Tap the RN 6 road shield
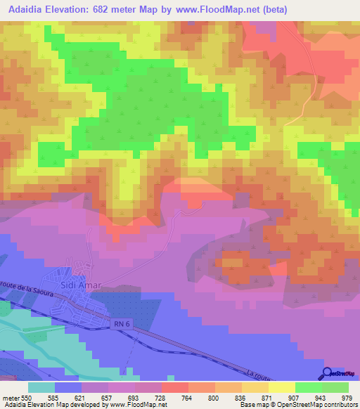point(120,323)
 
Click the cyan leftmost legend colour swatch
point(41,387)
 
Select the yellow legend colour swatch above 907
point(283,387)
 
